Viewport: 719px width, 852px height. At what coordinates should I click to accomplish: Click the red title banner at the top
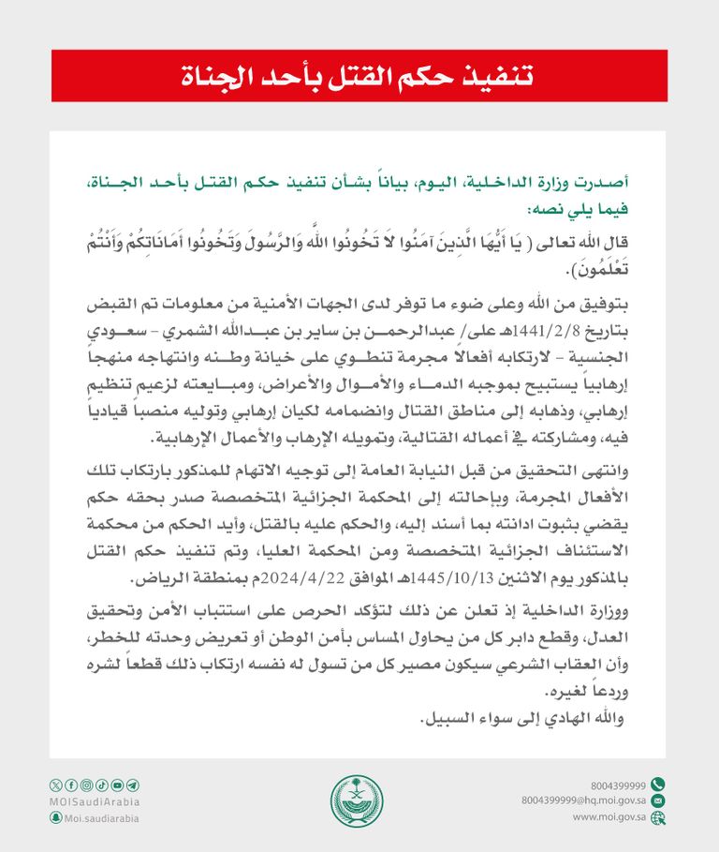click(x=359, y=76)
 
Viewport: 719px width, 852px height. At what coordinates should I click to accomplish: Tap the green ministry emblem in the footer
click(x=357, y=801)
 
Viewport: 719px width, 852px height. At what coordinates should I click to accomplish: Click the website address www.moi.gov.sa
click(x=609, y=817)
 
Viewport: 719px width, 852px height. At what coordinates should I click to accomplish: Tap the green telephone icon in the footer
click(x=658, y=785)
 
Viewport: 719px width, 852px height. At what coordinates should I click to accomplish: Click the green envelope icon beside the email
click(x=658, y=800)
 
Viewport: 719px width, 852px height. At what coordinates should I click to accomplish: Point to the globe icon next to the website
click(x=658, y=817)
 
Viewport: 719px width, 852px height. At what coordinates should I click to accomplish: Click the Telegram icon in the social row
click(x=133, y=785)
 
